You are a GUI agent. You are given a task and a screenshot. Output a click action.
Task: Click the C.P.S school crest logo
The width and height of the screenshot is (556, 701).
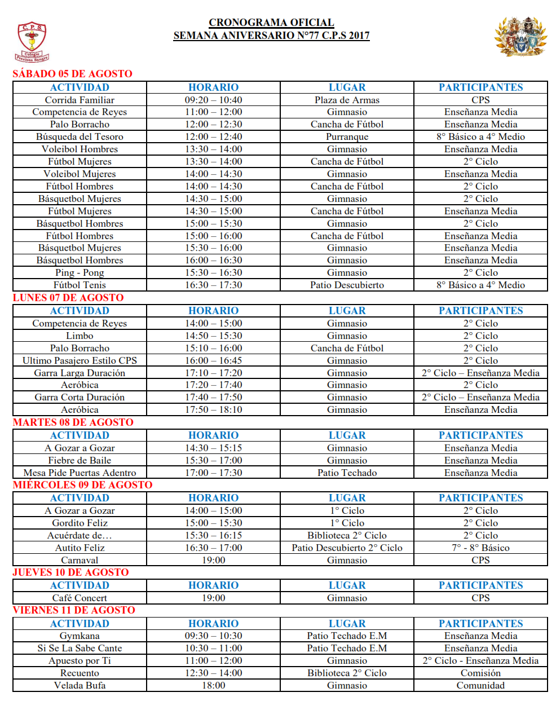click(32, 41)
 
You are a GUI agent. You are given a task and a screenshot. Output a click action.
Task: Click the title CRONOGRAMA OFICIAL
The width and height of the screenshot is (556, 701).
click(271, 23)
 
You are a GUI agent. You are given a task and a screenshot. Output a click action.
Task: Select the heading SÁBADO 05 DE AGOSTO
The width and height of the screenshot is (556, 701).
click(72, 74)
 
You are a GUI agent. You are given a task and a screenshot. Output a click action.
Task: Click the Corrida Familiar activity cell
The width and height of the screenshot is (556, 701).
click(80, 100)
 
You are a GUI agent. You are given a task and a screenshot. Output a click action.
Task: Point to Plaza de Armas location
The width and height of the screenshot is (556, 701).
click(347, 100)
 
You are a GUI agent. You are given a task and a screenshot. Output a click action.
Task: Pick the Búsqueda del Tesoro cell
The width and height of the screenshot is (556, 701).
click(80, 136)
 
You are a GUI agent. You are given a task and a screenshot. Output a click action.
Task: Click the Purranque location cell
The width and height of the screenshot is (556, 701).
click(347, 136)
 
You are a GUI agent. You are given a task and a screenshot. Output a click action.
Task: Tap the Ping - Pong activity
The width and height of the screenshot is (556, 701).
click(80, 272)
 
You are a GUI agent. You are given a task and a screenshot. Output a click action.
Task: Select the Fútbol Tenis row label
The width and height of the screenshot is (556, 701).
click(80, 285)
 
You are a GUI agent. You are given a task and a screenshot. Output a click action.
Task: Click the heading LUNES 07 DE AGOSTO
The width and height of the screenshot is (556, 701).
click(68, 298)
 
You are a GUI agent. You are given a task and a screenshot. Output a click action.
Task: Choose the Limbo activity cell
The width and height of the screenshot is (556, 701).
click(80, 336)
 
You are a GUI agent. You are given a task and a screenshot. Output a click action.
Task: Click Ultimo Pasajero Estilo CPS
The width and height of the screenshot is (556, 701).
click(80, 360)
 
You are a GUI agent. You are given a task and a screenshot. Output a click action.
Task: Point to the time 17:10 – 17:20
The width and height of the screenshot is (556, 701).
click(213, 373)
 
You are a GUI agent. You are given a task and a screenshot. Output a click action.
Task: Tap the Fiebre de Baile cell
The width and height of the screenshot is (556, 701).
click(80, 460)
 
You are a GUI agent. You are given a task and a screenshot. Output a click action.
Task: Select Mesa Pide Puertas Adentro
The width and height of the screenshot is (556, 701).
click(80, 473)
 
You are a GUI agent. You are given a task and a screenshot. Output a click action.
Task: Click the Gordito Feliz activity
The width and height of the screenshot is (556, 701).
click(80, 523)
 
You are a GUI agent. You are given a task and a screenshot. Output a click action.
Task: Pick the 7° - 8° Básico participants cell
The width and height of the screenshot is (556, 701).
click(480, 548)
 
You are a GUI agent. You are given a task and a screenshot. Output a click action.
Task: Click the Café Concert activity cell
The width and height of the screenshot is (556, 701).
click(80, 598)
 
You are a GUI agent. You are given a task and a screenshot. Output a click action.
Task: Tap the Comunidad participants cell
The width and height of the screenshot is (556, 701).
click(480, 685)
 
